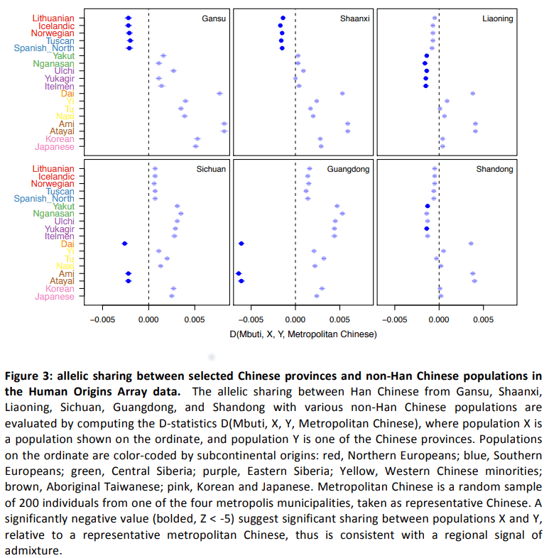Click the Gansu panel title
pyautogui.click(x=214, y=18)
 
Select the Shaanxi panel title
pyautogui.click(x=354, y=18)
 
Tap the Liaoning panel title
pyautogui.click(x=498, y=19)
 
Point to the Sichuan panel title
pyautogui.click(x=211, y=169)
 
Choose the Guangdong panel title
pyautogui.click(x=348, y=170)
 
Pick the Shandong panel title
pyautogui.click(x=494, y=170)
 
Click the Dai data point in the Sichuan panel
pyautogui.click(x=124, y=244)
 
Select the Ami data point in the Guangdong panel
pyautogui.click(x=239, y=273)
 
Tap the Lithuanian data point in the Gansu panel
pyautogui.click(x=129, y=18)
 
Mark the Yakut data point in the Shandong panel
pyautogui.click(x=428, y=207)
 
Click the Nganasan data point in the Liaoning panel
pyautogui.click(x=425, y=63)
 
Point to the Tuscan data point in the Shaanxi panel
pyautogui.click(x=281, y=41)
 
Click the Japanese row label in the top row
pyautogui.click(x=55, y=147)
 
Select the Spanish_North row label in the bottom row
pyautogui.click(x=44, y=199)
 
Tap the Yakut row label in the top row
pyautogui.click(x=64, y=56)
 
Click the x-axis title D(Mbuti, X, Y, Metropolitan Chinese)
pyautogui.click(x=303, y=334)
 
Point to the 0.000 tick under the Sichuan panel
pyautogui.click(x=148, y=319)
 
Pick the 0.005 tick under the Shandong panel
pyautogui.click(x=483, y=319)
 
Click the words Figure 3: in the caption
pyautogui.click(x=29, y=376)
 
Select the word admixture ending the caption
pyautogui.click(x=33, y=550)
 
